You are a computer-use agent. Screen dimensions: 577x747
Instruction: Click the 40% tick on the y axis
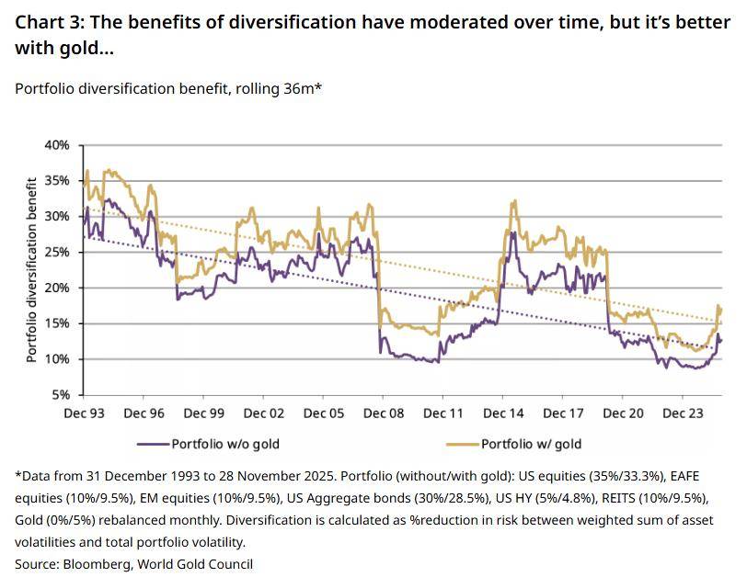(x=57, y=145)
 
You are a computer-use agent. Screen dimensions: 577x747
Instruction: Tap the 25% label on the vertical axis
(x=57, y=252)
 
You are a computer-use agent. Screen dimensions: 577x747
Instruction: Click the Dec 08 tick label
(x=385, y=414)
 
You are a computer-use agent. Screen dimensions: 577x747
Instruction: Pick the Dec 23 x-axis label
(x=684, y=414)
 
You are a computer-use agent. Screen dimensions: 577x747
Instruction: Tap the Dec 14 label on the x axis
(x=504, y=414)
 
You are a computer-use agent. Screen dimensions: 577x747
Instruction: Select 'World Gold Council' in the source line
(x=195, y=563)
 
